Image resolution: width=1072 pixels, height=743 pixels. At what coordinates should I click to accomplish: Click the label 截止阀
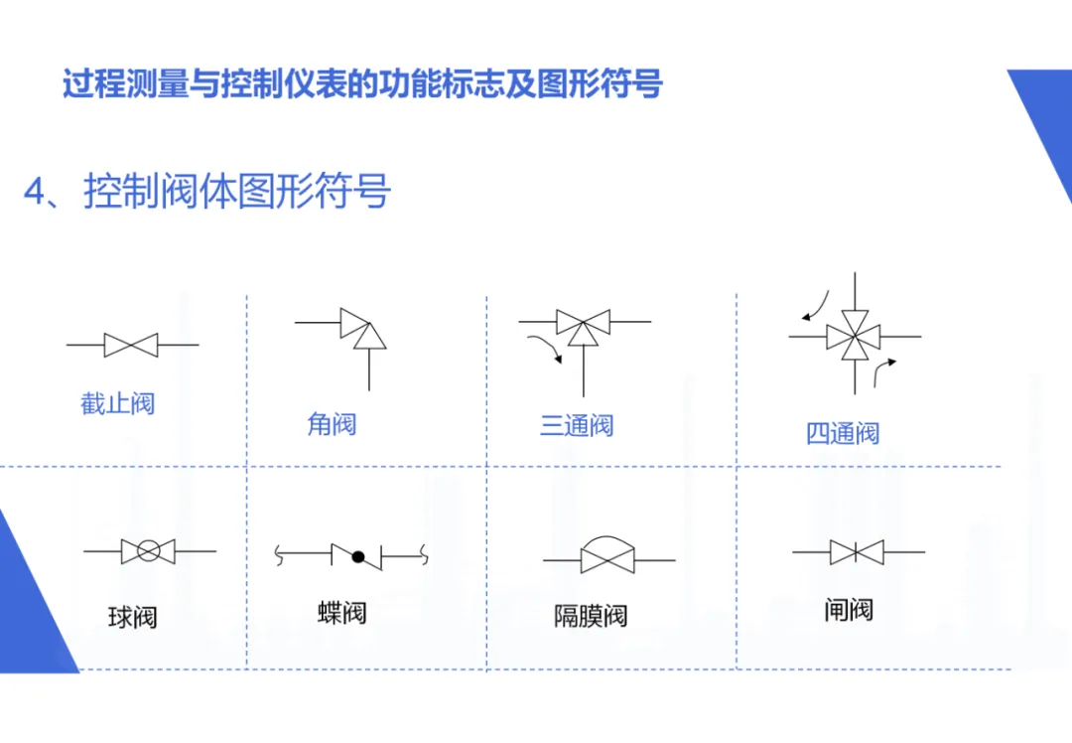118,404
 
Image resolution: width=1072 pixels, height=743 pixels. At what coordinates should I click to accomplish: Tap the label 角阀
332,425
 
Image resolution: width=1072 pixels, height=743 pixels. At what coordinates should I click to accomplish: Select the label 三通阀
577,426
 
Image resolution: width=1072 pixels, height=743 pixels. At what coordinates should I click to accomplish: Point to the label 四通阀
843,433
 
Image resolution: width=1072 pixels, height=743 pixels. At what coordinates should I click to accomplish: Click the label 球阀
132,618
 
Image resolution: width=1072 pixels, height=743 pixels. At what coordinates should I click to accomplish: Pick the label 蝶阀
342,612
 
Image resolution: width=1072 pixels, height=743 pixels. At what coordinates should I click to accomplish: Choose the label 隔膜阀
591,616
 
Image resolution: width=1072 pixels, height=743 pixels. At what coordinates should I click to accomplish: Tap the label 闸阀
849,610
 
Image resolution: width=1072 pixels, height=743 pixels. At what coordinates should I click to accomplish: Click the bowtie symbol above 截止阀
131,346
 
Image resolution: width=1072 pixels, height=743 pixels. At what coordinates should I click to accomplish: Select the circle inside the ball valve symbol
148,551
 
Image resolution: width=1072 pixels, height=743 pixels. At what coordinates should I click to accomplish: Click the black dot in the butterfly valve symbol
358,557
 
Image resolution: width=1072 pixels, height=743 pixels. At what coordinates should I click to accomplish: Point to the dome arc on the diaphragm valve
609,543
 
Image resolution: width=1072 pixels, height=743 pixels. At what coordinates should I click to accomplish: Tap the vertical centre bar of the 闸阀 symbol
857,551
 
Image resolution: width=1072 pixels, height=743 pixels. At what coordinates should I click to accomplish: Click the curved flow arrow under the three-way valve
545,349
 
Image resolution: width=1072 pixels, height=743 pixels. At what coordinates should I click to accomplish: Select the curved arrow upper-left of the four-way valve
817,304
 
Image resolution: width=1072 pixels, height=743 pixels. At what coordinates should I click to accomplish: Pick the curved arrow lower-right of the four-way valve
881,371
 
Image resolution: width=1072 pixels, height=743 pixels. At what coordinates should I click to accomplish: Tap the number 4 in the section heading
35,193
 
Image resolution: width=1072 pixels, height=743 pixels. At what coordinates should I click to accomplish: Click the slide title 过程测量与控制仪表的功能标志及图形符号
362,83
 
